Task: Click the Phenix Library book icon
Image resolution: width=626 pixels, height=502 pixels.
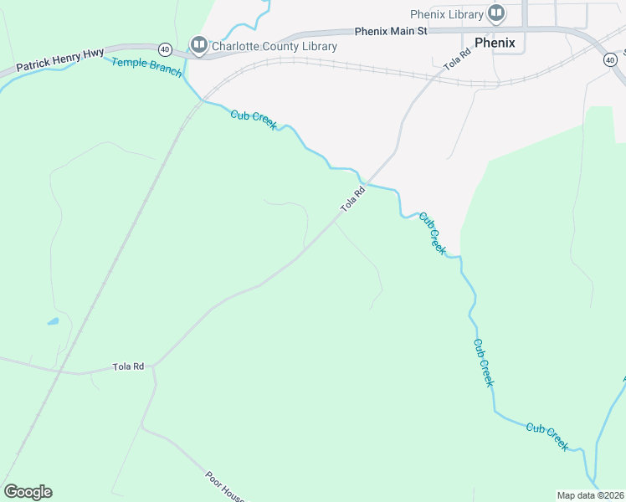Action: pos(496,13)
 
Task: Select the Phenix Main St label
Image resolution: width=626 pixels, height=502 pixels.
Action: pos(391,30)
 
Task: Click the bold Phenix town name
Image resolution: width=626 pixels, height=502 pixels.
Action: pos(494,42)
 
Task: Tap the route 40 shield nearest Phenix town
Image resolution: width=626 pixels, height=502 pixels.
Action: pos(610,59)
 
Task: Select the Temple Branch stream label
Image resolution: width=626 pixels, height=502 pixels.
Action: pos(146,67)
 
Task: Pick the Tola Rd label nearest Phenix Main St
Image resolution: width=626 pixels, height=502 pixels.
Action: pos(457,57)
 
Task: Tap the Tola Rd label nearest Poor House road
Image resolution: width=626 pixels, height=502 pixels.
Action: pos(129,366)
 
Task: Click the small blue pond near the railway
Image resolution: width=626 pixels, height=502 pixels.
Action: pos(53,320)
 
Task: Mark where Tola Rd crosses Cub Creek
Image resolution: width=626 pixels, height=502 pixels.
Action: pos(365,181)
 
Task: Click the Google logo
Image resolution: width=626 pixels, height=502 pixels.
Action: pos(28,491)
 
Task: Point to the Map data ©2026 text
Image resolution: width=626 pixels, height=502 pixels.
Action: pos(590,495)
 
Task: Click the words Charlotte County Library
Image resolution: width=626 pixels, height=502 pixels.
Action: pos(274,46)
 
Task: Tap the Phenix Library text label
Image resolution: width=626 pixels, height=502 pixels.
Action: pos(447,14)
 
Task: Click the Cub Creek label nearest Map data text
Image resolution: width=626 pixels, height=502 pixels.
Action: pos(547,437)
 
